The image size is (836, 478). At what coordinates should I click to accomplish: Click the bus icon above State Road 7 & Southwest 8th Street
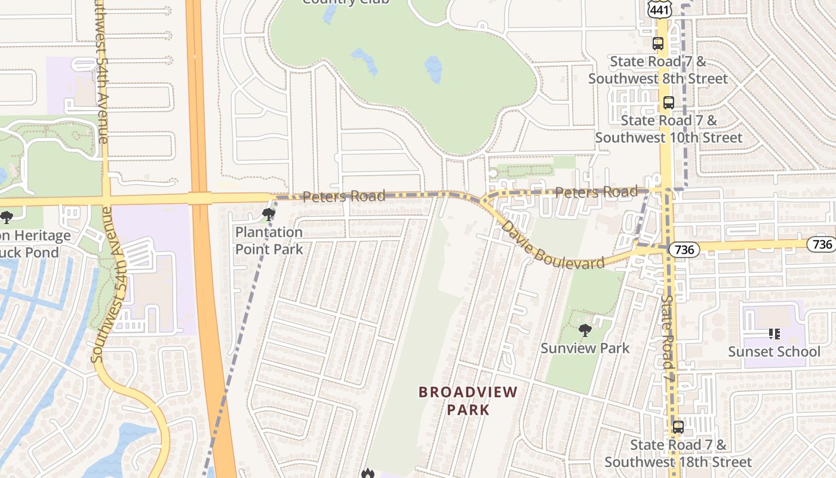tap(657, 44)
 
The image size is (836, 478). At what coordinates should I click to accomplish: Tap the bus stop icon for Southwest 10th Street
tap(668, 103)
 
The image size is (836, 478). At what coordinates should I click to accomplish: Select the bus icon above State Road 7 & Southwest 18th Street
tap(678, 427)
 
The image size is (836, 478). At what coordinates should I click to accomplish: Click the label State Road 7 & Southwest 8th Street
tap(658, 70)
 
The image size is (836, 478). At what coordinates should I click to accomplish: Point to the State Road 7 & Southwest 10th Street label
tap(668, 129)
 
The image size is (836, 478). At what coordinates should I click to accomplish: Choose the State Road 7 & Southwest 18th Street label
tap(678, 454)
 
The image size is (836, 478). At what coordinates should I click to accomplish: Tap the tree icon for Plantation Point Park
tap(269, 214)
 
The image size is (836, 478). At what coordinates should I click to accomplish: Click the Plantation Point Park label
tap(269, 240)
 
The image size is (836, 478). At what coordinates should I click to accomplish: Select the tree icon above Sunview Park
tap(585, 330)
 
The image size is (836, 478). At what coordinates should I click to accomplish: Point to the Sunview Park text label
tap(585, 348)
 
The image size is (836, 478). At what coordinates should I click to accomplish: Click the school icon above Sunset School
tap(774, 334)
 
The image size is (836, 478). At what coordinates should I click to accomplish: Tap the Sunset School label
tap(774, 351)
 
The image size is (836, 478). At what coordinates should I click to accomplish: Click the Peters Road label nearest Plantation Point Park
tap(343, 196)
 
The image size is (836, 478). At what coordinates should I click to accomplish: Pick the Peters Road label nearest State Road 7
tap(596, 192)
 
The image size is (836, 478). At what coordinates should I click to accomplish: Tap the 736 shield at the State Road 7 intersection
tap(683, 249)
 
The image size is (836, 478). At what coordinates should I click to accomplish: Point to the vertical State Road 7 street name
tap(668, 338)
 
